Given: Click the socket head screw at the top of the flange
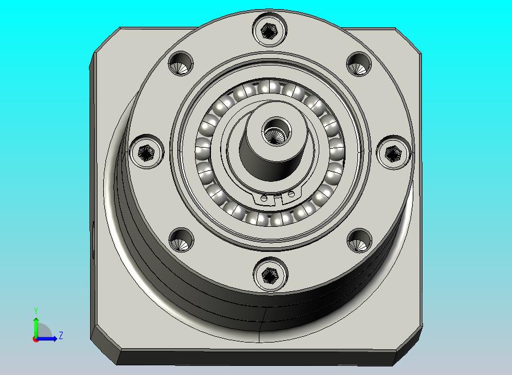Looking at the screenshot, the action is click(270, 30).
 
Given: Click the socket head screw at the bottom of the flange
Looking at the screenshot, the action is click(270, 275).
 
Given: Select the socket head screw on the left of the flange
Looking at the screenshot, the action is click(147, 152).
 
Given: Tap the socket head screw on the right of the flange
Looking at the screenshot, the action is click(393, 153).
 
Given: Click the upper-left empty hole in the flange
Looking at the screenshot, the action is click(181, 64).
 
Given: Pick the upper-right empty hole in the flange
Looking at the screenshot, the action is click(359, 64).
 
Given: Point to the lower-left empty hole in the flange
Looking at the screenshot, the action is click(181, 240).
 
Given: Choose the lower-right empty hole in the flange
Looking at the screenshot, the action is click(360, 241).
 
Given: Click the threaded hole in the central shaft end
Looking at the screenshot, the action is click(277, 132).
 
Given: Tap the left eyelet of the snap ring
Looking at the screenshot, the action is click(264, 198).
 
